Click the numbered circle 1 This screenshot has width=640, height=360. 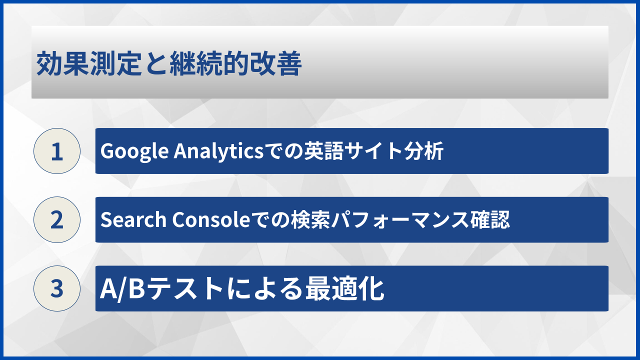(x=57, y=151)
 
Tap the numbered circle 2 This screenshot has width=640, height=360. (x=57, y=219)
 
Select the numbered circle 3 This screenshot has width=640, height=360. (x=57, y=288)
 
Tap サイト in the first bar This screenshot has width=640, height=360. (x=371, y=151)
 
